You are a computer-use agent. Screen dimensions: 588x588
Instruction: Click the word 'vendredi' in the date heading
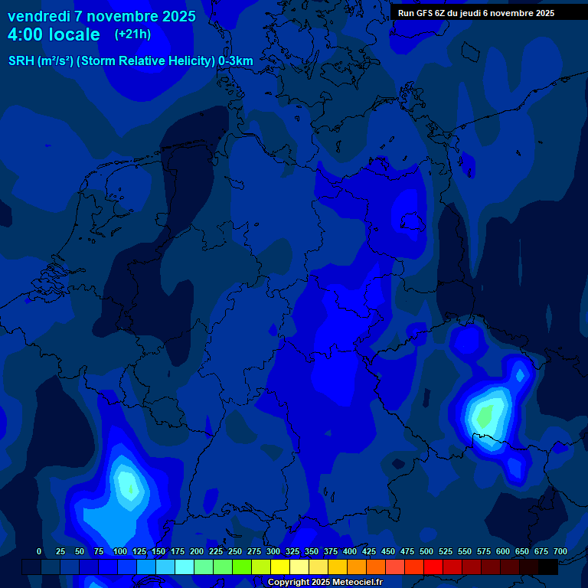pos(39,16)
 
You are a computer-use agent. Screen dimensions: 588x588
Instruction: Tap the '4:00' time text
pos(27,34)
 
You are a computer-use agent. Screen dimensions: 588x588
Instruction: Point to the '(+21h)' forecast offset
pos(132,34)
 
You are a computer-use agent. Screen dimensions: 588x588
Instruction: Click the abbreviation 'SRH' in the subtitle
pos(21,61)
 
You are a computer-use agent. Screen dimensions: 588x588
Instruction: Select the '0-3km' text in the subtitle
pos(236,61)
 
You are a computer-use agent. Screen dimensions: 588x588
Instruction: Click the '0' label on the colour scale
pos(39,551)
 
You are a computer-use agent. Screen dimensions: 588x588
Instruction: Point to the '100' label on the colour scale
pos(120,551)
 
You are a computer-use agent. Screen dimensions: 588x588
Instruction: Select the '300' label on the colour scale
pos(273,551)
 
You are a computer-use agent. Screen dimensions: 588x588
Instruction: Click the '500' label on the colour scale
pos(426,551)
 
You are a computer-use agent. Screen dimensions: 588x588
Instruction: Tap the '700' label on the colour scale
pos(560,551)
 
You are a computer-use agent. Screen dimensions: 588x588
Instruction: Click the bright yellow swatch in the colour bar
pos(280,567)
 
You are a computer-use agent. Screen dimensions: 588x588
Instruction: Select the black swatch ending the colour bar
pos(548,567)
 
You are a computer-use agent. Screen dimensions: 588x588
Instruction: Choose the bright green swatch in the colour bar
pos(242,567)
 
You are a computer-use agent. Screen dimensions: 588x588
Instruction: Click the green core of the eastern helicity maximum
pos(485,416)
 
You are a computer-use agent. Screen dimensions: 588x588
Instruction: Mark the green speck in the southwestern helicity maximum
pos(130,488)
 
